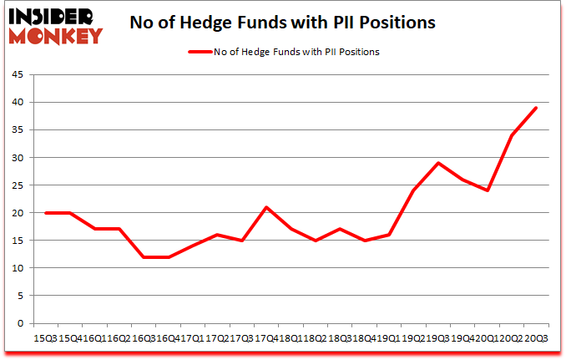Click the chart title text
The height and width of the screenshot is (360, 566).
pos(282,23)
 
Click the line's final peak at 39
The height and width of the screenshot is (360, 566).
pos(536,108)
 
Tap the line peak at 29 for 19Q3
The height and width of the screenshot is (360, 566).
pos(438,163)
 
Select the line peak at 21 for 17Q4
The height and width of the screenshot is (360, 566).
pos(265,207)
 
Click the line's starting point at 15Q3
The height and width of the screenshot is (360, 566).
pos(46,213)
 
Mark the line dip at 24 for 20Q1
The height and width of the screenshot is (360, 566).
pos(487,190)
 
